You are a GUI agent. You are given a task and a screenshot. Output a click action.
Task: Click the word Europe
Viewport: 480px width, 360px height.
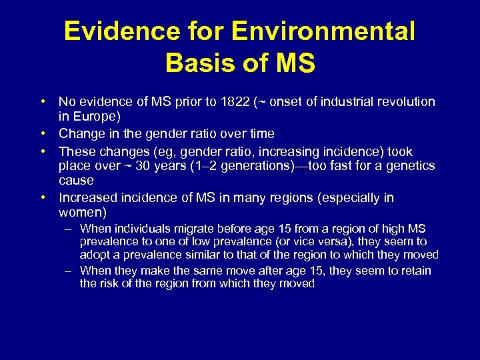click(x=91, y=117)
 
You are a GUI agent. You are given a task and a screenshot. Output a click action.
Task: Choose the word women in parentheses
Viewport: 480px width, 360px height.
click(x=80, y=213)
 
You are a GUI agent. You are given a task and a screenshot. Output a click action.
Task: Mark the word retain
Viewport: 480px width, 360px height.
click(x=415, y=270)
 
